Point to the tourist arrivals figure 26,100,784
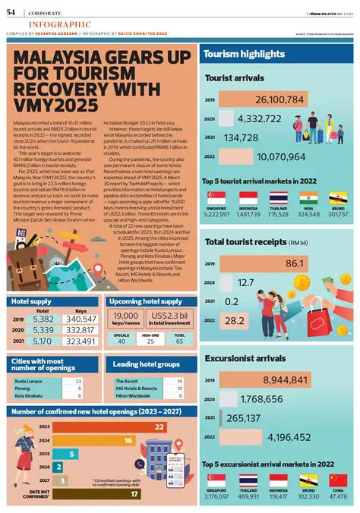279,100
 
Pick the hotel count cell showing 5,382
44,319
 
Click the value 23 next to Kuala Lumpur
78,380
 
